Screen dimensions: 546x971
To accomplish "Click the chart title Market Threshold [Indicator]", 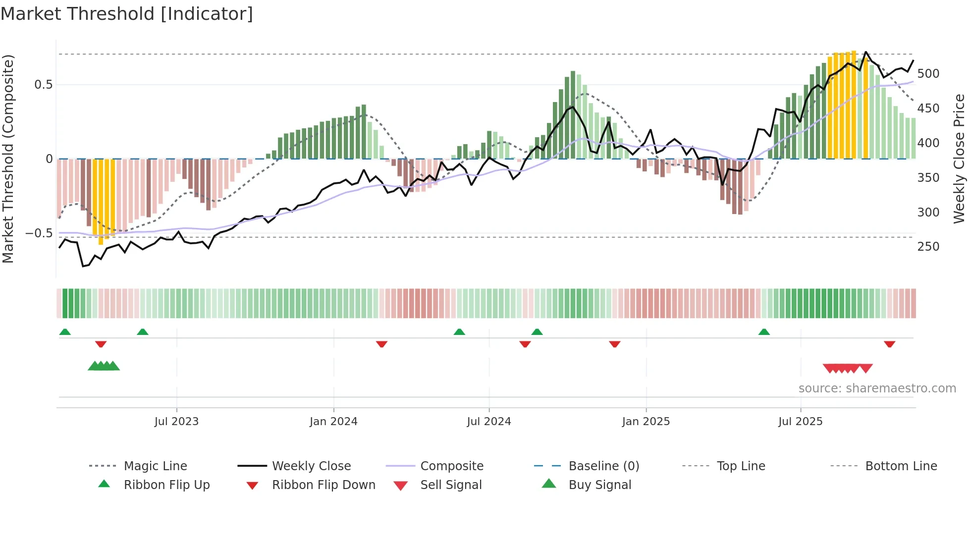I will point(127,14).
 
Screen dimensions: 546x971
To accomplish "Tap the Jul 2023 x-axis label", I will point(176,421).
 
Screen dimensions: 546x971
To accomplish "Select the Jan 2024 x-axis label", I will point(333,421).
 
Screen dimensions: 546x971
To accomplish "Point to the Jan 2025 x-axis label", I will point(646,421).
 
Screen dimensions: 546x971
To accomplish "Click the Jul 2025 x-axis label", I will point(800,421).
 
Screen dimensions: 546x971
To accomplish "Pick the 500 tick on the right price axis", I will point(928,74).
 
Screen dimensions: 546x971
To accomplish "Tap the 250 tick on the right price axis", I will point(928,247).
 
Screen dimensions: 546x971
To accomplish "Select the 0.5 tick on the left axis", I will point(43,85).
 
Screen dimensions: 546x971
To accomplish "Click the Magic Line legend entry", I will point(155,466).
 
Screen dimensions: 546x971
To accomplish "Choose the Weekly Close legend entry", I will point(311,466).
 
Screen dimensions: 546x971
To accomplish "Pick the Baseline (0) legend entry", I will point(603,466).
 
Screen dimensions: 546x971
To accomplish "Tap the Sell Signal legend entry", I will point(450,485).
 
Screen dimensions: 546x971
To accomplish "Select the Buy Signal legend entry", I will point(599,485).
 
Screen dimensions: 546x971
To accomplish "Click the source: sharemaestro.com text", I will point(877,388).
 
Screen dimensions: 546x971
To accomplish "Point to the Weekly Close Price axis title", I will point(959,159).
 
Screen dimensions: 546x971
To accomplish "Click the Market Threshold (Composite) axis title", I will point(8,159).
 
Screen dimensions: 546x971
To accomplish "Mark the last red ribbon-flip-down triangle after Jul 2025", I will point(889,344).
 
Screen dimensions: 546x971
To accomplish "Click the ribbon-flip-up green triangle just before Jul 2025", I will point(764,331).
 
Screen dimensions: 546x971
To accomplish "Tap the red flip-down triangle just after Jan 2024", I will point(381,344).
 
